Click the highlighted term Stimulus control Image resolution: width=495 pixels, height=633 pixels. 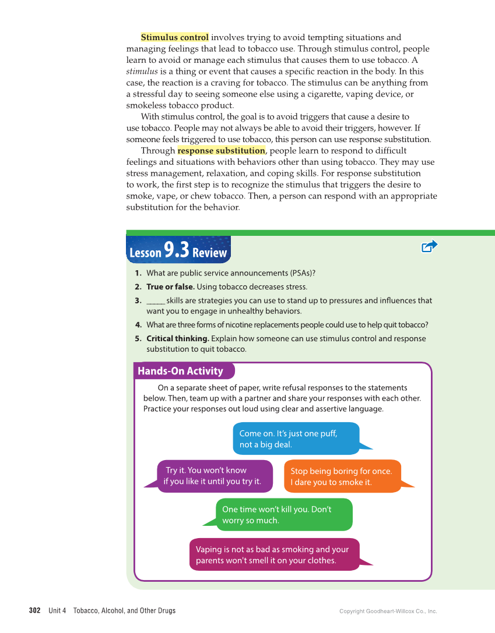(x=174, y=38)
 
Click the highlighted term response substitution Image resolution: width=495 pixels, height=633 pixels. (x=221, y=151)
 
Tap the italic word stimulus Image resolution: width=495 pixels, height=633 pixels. (x=142, y=72)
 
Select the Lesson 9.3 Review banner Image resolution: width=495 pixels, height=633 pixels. (x=178, y=251)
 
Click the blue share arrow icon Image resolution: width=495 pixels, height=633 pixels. (x=429, y=246)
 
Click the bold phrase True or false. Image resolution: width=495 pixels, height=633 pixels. (x=170, y=287)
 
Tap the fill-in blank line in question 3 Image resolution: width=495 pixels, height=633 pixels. (x=155, y=301)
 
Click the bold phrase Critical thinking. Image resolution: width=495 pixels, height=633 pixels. (x=177, y=338)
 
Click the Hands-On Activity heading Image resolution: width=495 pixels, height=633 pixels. (x=180, y=371)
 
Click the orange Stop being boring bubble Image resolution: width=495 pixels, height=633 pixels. (x=342, y=476)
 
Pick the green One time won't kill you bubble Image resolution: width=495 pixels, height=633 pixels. (x=284, y=515)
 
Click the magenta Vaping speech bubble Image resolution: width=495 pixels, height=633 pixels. (x=274, y=554)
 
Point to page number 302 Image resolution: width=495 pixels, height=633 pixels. (x=35, y=611)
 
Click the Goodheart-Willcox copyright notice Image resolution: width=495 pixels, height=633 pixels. (x=388, y=611)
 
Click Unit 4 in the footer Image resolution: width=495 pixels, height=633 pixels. (x=57, y=611)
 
